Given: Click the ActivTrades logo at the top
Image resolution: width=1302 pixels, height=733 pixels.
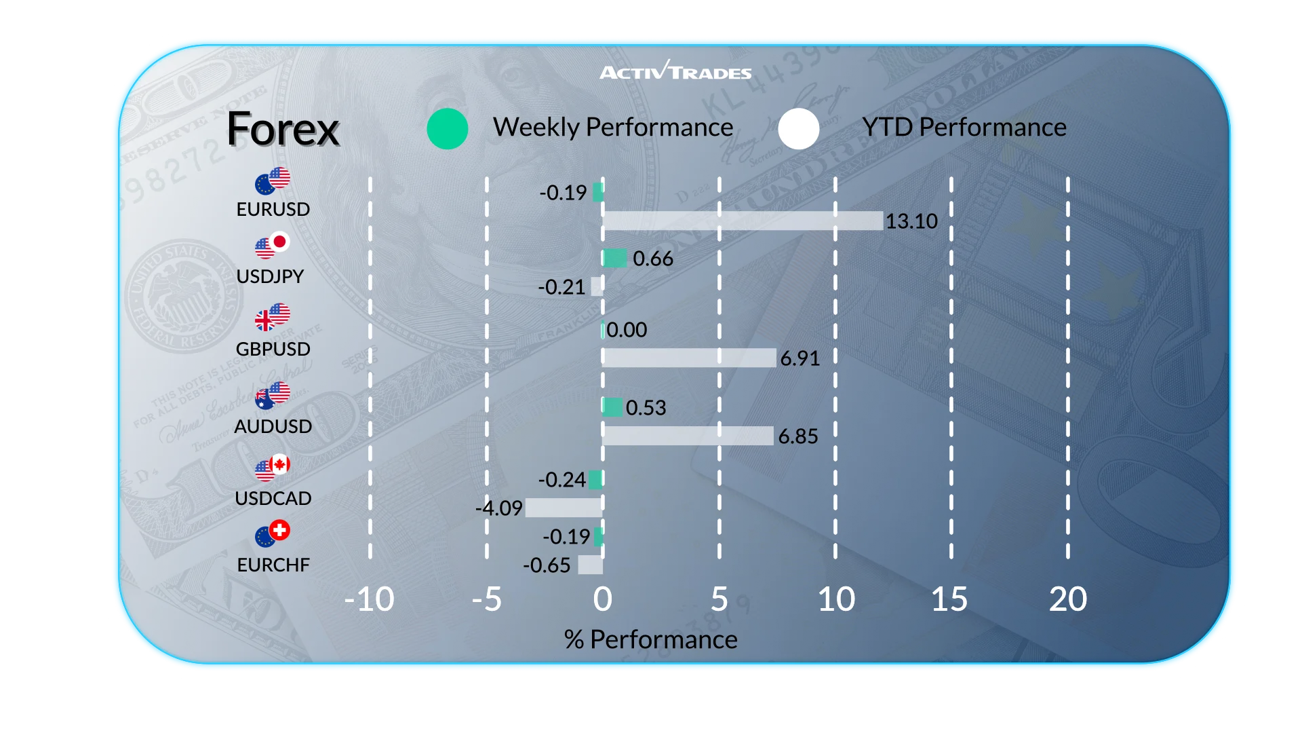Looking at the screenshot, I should point(675,71).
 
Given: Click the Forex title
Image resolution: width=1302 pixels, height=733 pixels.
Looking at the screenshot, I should point(283,129).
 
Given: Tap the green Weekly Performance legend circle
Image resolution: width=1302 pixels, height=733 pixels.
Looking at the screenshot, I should point(448,129).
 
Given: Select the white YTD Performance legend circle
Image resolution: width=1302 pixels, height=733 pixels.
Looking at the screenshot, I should point(799,129).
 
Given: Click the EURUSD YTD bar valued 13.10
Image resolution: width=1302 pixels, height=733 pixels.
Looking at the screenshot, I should point(743,221).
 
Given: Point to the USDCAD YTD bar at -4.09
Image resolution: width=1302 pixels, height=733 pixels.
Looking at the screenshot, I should point(564,508).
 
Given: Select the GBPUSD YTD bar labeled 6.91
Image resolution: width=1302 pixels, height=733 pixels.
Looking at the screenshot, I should point(689,358).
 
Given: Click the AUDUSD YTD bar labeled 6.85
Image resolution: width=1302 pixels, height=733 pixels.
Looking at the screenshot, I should point(688,436).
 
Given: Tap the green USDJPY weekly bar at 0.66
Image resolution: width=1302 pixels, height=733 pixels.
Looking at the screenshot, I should point(614,258).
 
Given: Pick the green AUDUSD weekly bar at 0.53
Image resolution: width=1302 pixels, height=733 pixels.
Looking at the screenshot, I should point(612,407).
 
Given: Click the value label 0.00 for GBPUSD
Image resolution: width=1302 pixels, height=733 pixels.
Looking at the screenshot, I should point(627,330).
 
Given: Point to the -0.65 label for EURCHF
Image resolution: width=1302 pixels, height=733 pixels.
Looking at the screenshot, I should point(547,565).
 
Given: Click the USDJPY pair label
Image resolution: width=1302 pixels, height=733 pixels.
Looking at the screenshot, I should point(270,276).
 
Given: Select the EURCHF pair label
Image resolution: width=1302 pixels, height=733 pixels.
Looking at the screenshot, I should point(273,565).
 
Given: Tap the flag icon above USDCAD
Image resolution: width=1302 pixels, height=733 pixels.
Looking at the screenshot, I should point(273,468).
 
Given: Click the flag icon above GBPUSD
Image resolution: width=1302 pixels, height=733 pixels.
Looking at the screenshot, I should point(273,317).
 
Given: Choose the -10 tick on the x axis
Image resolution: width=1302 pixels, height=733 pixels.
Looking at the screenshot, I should point(369,599).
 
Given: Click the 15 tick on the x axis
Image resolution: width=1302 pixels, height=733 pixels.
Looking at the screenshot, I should point(949,599).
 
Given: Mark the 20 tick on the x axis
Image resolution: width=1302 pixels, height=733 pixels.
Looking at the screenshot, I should point(1067,599).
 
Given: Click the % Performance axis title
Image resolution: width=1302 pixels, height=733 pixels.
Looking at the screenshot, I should point(650,639).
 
